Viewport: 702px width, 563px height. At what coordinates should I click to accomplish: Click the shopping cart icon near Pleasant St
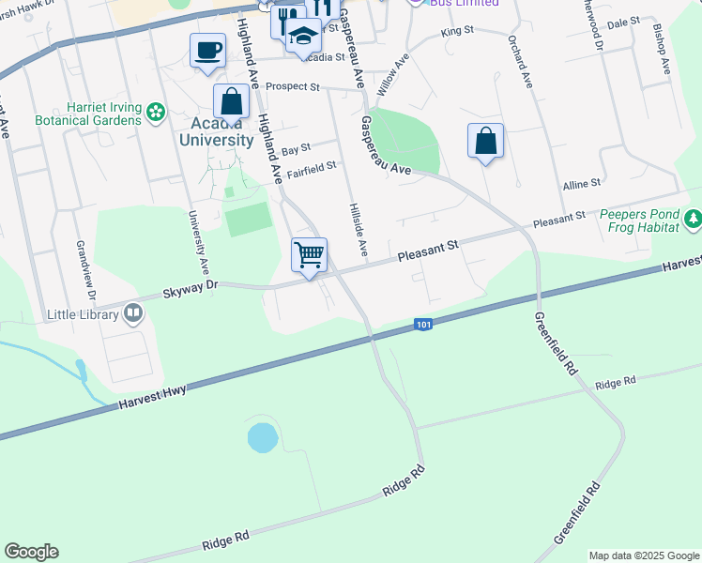(x=310, y=255)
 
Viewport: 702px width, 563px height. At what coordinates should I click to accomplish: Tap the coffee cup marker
(x=207, y=50)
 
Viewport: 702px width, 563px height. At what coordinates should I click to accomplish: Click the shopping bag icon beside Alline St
(x=485, y=142)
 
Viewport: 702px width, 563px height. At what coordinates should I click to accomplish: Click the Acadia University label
(x=217, y=131)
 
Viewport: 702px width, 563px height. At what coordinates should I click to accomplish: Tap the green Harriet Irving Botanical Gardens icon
(x=155, y=114)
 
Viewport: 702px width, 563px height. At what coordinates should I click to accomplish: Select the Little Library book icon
(x=133, y=313)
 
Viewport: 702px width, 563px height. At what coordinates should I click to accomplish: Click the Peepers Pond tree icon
(x=693, y=219)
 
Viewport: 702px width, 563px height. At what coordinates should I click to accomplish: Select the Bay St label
(x=296, y=148)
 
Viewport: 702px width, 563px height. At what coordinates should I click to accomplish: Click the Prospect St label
(x=293, y=86)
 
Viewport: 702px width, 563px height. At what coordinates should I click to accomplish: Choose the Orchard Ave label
(x=520, y=63)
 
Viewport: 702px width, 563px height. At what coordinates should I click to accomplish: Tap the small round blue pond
(x=263, y=437)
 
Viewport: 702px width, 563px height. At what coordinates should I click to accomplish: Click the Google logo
(x=31, y=552)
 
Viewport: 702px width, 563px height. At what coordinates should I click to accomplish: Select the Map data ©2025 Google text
(x=643, y=555)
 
